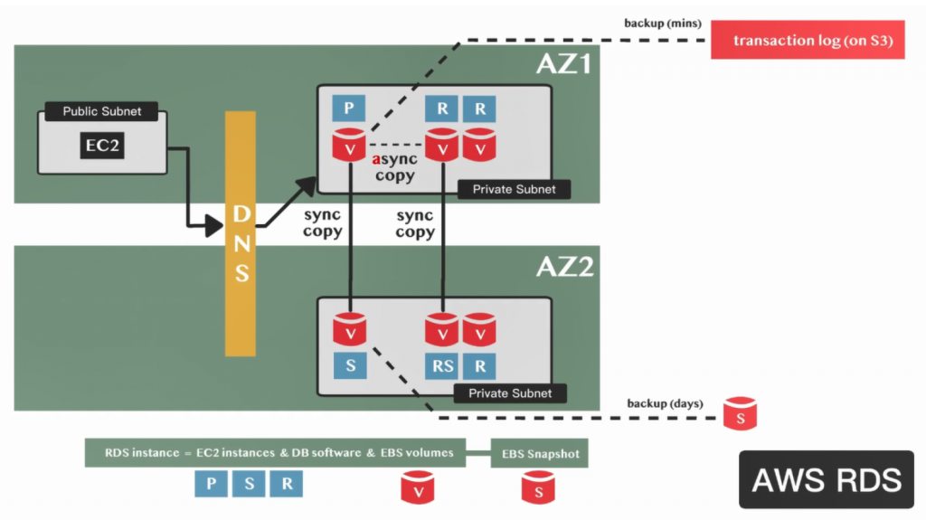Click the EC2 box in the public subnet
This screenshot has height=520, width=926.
point(102,145)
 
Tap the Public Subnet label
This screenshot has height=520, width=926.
point(102,112)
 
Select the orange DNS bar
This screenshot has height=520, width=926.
point(241,233)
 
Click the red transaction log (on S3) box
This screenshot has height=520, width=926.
point(808,41)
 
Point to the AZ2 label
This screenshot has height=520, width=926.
point(563,267)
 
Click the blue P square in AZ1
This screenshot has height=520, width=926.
point(348,109)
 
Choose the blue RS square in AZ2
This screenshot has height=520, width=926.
point(442,365)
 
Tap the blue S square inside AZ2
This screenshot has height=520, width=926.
point(348,365)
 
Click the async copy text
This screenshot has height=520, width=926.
point(395,167)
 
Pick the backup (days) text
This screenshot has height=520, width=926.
point(665,403)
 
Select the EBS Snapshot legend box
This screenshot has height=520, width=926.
point(540,454)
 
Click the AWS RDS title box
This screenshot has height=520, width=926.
point(827,478)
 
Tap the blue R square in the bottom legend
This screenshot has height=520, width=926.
point(287,483)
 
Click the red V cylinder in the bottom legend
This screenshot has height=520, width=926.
point(418,487)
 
